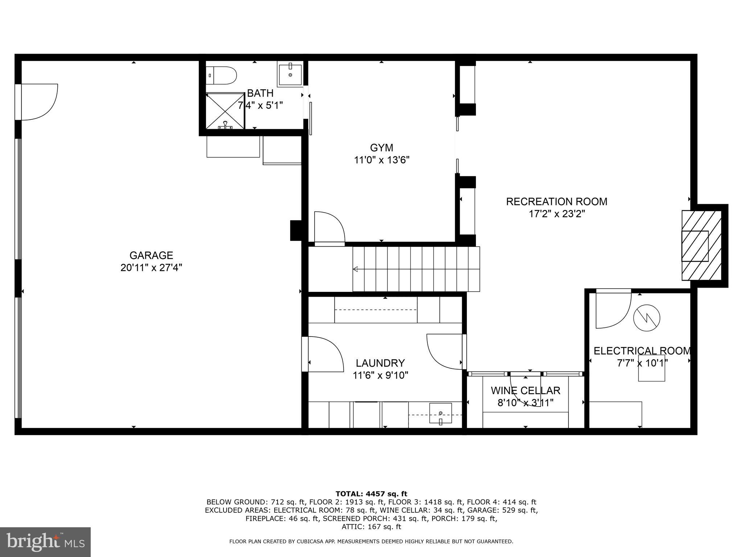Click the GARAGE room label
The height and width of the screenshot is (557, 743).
(x=151, y=255)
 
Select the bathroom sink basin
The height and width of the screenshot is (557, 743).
(x=290, y=74)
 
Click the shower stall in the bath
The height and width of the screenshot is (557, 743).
(x=225, y=111)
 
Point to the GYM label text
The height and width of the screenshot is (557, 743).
(x=381, y=148)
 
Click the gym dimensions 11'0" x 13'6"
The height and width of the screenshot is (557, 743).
(x=382, y=160)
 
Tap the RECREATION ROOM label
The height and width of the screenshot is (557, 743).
(x=557, y=202)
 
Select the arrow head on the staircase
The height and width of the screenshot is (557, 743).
(x=356, y=269)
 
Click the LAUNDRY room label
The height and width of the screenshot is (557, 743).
(x=380, y=363)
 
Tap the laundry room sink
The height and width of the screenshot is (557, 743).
(x=440, y=413)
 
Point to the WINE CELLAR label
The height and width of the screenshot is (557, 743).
(x=525, y=391)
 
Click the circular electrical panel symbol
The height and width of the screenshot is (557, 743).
(x=646, y=318)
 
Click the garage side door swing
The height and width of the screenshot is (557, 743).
(x=39, y=102)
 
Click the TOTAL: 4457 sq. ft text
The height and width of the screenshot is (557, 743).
(x=371, y=494)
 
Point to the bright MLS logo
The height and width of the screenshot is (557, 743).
(x=45, y=542)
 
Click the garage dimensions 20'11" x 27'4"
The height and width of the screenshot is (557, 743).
(x=151, y=268)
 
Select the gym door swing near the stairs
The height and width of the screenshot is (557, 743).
(x=329, y=227)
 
